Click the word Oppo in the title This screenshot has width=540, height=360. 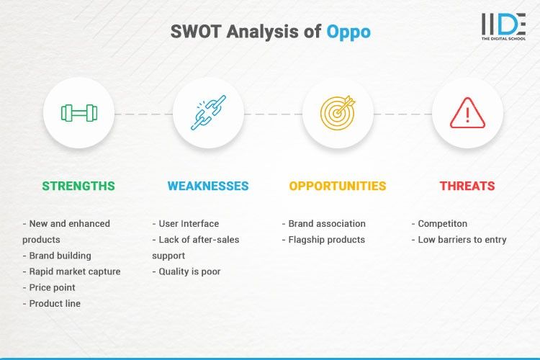tap(348, 32)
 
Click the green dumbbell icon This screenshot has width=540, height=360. tap(78, 113)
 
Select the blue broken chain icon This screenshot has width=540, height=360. tap(208, 113)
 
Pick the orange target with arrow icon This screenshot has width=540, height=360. tap(338, 113)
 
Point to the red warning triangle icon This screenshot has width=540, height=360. tap(467, 113)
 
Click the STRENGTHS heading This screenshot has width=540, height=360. tap(78, 186)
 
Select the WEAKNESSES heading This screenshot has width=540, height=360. tap(208, 186)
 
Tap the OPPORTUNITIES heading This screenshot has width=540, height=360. tap(338, 186)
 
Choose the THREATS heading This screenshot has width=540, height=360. tap(467, 186)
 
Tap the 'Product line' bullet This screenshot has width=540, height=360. tap(55, 303)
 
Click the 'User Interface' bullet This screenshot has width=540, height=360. tap(188, 224)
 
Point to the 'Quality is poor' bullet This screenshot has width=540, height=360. tap(189, 271)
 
